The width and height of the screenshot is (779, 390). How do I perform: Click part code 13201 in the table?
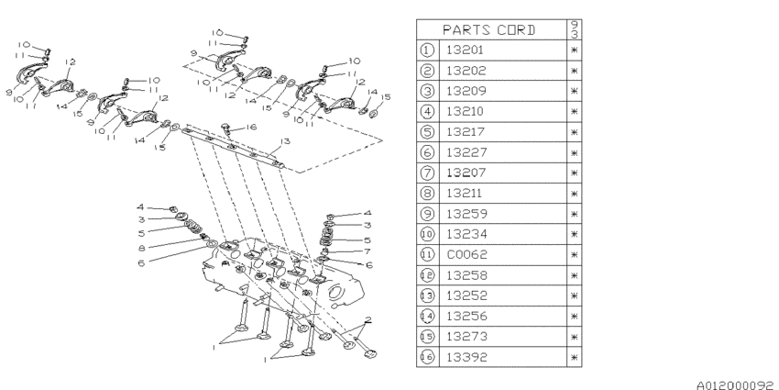pos(465,50)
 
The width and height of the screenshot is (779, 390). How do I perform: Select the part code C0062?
pos(466,255)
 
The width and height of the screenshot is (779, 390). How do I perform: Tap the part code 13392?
pos(466,357)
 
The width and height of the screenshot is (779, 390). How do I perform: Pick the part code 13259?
pos(466,214)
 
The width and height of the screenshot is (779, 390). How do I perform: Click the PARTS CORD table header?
pos(488,30)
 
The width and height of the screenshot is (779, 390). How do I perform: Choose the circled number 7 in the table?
pos(427,173)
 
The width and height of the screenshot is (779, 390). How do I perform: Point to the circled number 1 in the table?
pos(427,50)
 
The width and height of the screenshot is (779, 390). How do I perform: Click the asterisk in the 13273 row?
pos(575,337)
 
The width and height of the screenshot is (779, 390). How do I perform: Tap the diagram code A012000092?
pos(736,385)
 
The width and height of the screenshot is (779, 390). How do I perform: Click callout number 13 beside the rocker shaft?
pos(285,141)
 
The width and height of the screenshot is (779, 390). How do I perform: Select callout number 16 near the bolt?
pos(251,128)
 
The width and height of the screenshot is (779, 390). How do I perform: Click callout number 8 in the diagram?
pos(141,247)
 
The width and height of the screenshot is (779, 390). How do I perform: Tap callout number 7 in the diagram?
pos(368,251)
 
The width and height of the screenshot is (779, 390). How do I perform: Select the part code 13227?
pos(466,152)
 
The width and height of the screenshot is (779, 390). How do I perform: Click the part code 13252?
pos(466,296)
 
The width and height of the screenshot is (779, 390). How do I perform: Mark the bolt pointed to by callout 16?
pos(226,128)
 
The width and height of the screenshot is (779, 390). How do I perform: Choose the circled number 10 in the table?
pos(427,234)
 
